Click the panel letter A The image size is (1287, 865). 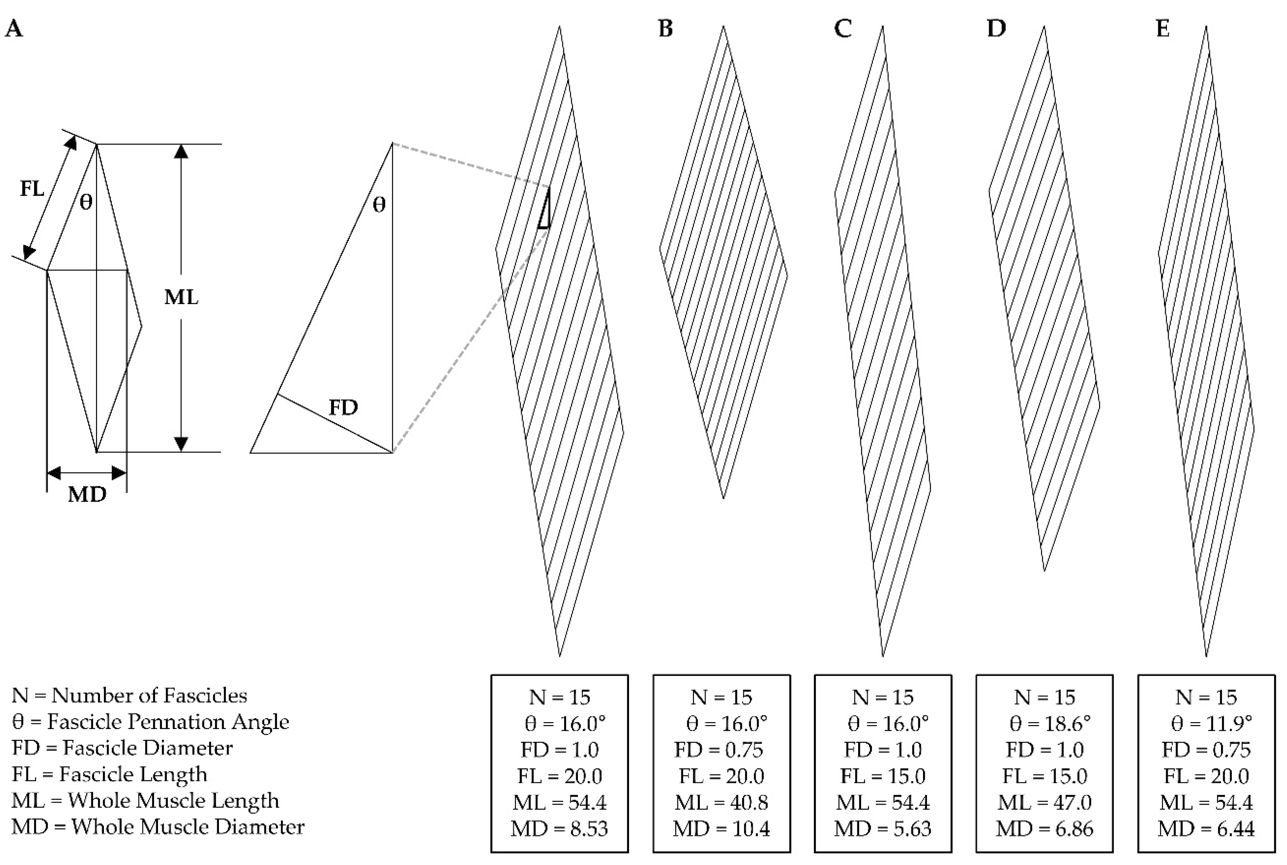point(14,28)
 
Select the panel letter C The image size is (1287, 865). point(842,28)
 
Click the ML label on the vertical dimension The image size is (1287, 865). point(181,297)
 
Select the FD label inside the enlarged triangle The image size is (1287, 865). point(343,408)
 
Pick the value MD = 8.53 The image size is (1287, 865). point(559,829)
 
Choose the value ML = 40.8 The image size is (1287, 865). point(721,802)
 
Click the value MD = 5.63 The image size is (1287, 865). point(883,829)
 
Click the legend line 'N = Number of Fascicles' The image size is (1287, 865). point(129,695)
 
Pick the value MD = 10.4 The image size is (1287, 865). point(721,829)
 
